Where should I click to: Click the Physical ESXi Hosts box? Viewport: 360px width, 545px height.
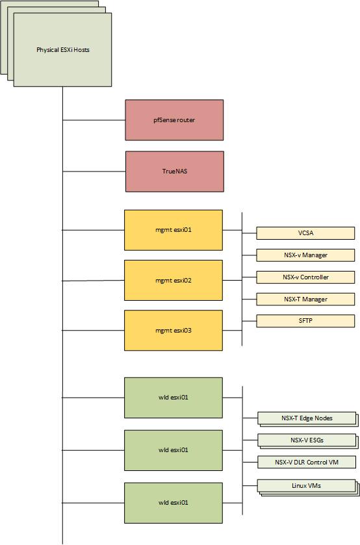62,50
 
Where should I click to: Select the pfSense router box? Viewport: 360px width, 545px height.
174,120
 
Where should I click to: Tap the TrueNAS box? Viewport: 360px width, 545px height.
175,171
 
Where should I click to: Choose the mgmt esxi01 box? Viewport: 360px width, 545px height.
174,230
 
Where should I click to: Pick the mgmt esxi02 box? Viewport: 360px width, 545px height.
174,281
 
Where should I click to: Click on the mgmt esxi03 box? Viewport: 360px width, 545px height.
174,331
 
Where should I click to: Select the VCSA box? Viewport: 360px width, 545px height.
305,233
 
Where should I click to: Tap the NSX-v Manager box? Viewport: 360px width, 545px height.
305,255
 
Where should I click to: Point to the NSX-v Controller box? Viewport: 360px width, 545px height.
305,277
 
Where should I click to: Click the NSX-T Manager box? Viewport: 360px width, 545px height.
305,299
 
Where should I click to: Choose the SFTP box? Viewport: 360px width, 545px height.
305,321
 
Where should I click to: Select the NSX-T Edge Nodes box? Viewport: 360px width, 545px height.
307,418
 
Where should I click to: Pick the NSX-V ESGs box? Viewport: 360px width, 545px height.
307,440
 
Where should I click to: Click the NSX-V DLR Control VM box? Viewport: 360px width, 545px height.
307,463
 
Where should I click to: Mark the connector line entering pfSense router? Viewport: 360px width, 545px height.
94,120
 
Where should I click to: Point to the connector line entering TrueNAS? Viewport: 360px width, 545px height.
94,171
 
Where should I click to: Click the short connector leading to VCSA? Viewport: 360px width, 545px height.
249,233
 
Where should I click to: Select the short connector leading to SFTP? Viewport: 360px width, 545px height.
249,321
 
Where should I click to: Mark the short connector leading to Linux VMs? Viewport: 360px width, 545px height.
250,486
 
